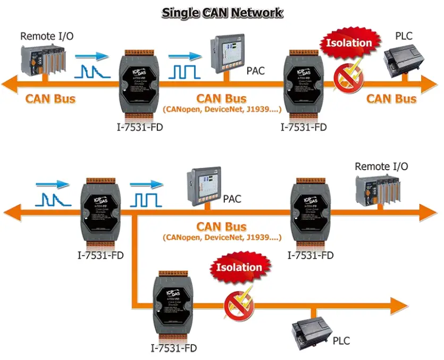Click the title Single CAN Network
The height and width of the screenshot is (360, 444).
(x=222, y=13)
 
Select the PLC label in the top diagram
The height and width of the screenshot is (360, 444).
(x=404, y=36)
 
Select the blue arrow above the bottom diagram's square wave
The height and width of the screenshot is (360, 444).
(x=147, y=184)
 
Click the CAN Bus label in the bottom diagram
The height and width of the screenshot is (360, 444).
(x=221, y=226)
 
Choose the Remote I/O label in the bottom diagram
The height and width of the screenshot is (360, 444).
(x=381, y=166)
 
